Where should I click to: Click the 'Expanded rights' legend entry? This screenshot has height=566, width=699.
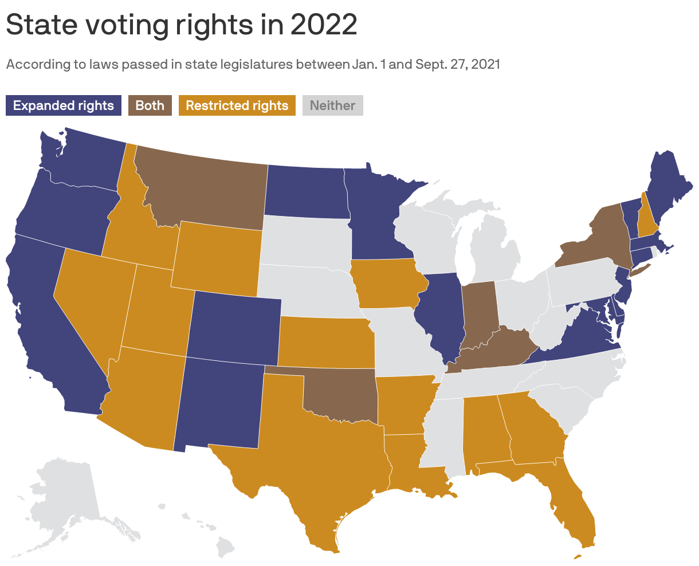64,105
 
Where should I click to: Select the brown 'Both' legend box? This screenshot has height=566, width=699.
150,105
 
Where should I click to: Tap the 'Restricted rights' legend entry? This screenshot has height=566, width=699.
237,105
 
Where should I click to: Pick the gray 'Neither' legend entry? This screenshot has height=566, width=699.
332,105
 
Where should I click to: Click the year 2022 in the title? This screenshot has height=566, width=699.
324,25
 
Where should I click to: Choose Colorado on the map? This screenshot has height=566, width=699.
234,327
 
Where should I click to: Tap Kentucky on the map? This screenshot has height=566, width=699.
493,349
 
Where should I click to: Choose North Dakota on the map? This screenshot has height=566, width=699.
307,192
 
